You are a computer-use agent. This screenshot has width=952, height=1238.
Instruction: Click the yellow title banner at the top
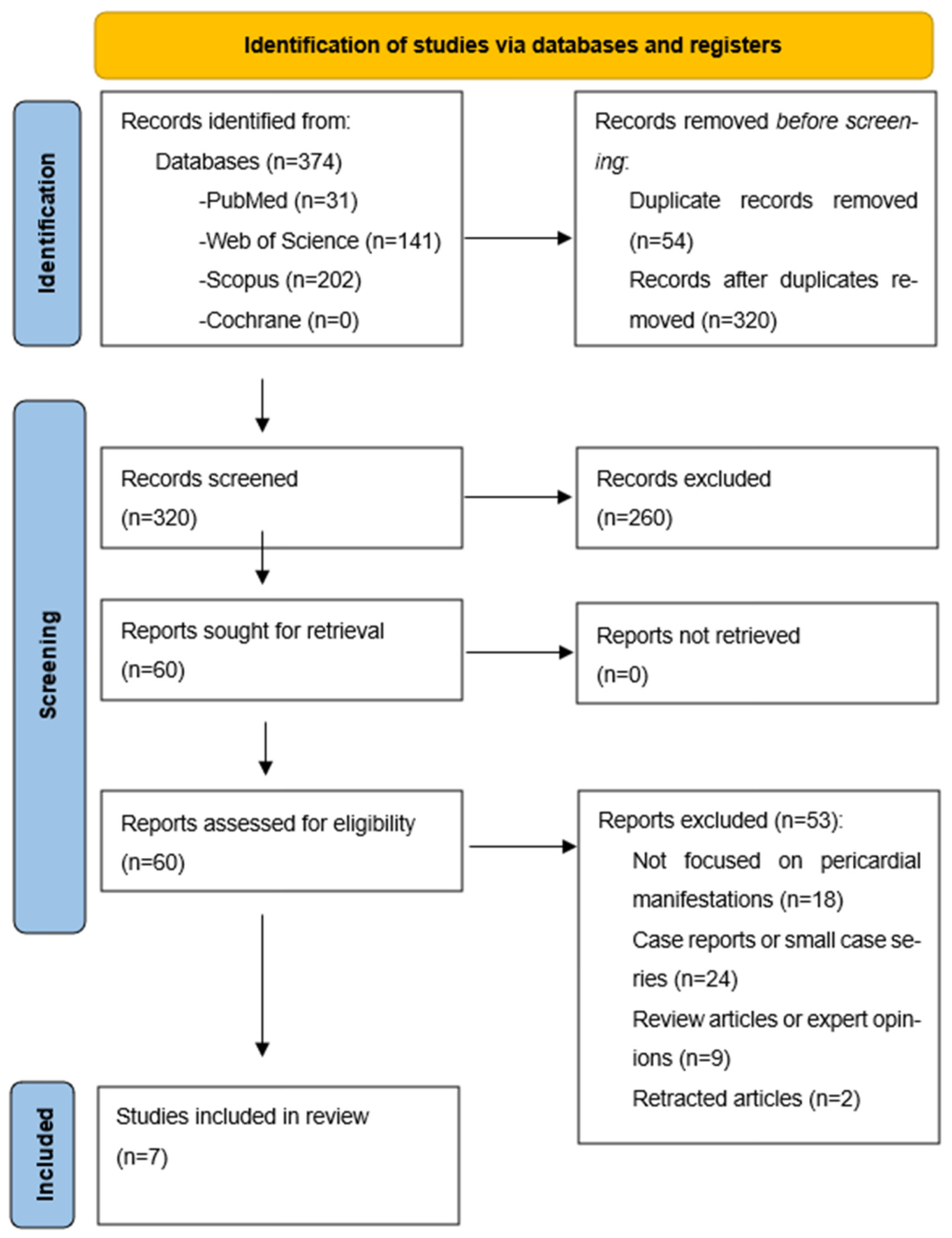click(x=514, y=46)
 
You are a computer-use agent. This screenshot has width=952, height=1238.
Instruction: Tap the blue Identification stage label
click(x=48, y=224)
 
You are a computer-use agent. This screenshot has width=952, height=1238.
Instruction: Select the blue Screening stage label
click(x=49, y=666)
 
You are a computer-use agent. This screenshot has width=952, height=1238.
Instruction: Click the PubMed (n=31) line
click(x=278, y=201)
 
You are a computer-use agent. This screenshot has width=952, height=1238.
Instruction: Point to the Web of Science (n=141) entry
click(x=320, y=241)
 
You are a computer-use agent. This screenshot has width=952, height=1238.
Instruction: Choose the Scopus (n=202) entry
click(x=280, y=280)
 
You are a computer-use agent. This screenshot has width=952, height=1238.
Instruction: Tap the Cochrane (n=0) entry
click(x=279, y=320)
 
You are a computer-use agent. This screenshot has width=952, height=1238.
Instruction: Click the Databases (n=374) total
click(x=249, y=162)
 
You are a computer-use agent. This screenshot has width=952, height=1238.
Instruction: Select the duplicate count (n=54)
click(x=661, y=241)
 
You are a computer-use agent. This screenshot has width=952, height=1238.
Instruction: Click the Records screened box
click(x=282, y=498)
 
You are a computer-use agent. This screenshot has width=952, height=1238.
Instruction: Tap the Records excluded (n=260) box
click(x=757, y=498)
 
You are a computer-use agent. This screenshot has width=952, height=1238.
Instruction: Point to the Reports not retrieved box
click(x=757, y=653)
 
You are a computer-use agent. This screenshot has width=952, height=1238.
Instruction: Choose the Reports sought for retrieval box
click(x=282, y=650)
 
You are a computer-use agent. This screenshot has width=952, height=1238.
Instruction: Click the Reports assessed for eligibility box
click(x=282, y=841)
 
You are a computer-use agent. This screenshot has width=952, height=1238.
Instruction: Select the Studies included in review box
click(x=278, y=1155)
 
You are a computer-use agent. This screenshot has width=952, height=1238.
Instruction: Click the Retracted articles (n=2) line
click(x=746, y=1098)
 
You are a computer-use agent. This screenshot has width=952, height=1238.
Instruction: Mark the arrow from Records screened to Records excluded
click(x=518, y=498)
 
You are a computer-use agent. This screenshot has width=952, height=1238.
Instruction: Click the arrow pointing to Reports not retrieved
click(x=519, y=652)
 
